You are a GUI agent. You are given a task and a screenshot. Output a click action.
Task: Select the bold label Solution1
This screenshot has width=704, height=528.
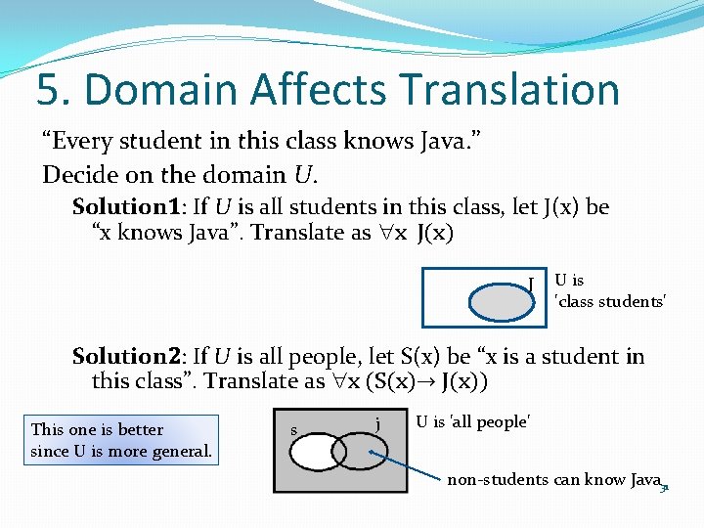[x=124, y=207]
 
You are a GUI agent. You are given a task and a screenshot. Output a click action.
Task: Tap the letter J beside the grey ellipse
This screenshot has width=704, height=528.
[x=530, y=284]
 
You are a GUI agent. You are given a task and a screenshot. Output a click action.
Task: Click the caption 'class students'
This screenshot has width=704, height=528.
[x=611, y=302]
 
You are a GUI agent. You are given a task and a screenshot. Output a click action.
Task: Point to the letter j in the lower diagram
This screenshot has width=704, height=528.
[x=377, y=422]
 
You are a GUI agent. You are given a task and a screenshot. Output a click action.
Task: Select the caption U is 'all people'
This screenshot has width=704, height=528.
[x=472, y=422]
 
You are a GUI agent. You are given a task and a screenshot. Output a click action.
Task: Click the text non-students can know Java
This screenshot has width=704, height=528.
[x=552, y=480]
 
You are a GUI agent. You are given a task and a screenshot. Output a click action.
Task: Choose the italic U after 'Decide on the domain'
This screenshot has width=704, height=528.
[x=303, y=176]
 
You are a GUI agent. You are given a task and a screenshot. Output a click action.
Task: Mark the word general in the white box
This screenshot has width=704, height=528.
[x=182, y=452]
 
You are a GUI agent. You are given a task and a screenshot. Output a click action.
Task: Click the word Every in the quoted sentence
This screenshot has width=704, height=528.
[x=78, y=141]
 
